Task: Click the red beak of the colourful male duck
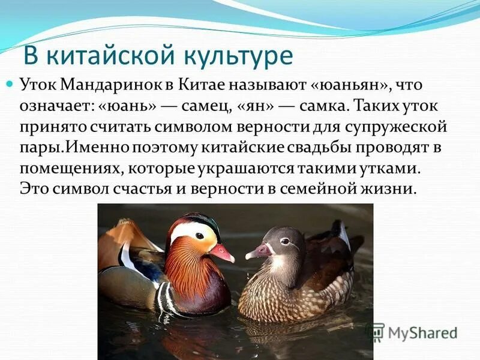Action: pyautogui.click(x=221, y=253)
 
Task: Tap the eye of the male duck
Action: pyautogui.click(x=199, y=236)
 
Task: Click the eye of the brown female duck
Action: pyautogui.click(x=284, y=241)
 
